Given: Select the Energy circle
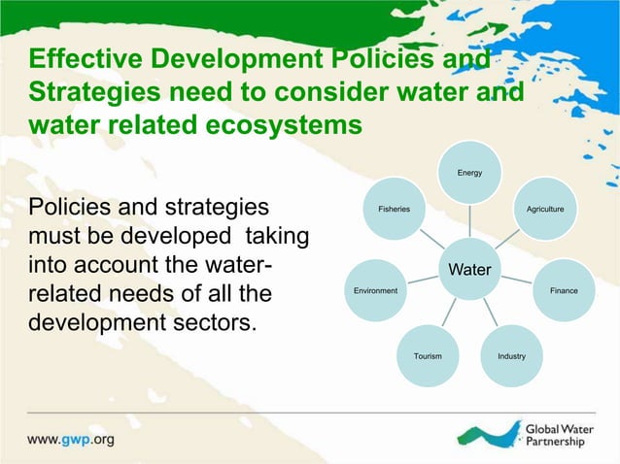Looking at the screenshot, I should tap(470, 173).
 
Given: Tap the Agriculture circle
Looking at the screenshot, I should tap(544, 209).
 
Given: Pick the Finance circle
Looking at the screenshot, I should tap(563, 291).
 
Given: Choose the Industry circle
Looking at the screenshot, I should tap(511, 356).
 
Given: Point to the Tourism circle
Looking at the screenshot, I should tap(428, 356).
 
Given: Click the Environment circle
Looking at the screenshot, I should tap(374, 291).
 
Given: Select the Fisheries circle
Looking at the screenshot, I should tap(394, 209).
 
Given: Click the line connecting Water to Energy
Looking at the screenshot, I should tap(470, 220).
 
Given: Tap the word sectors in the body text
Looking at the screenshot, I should tap(217, 321).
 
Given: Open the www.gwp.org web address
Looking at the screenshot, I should tap(71, 439).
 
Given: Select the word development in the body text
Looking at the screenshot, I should tap(92, 321).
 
